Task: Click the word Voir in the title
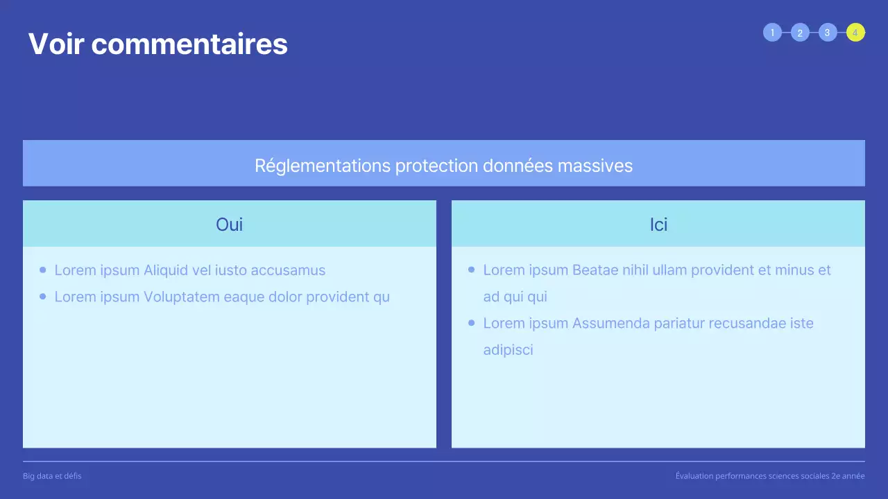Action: click(55, 44)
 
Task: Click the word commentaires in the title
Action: click(189, 44)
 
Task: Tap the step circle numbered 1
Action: click(772, 33)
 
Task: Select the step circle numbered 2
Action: click(800, 33)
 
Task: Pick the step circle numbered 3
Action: click(827, 33)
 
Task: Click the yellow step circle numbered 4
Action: click(855, 33)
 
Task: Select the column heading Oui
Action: click(229, 224)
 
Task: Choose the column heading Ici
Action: click(658, 224)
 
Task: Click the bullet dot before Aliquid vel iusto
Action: click(43, 270)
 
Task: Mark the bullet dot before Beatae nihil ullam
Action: click(472, 270)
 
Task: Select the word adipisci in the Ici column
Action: click(508, 349)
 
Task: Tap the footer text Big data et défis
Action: click(52, 476)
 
